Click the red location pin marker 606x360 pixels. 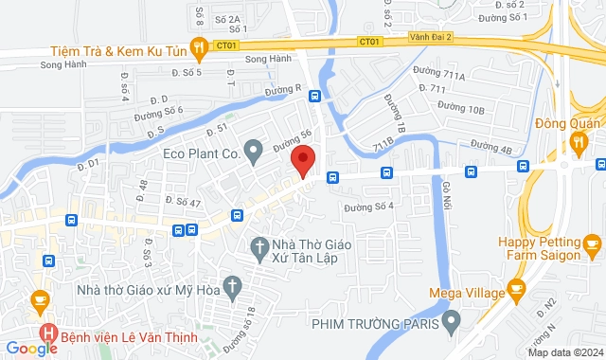click(x=302, y=160)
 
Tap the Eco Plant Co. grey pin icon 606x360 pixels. click(x=253, y=150)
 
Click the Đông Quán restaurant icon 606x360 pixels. click(x=579, y=142)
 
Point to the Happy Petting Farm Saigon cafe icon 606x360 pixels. click(x=594, y=249)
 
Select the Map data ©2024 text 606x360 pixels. click(x=564, y=352)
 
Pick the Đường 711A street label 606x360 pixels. click(x=439, y=73)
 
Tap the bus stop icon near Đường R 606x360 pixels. click(x=314, y=96)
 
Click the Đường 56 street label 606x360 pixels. click(x=293, y=140)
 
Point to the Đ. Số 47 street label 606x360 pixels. click(x=183, y=202)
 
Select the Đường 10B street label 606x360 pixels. click(x=463, y=110)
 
